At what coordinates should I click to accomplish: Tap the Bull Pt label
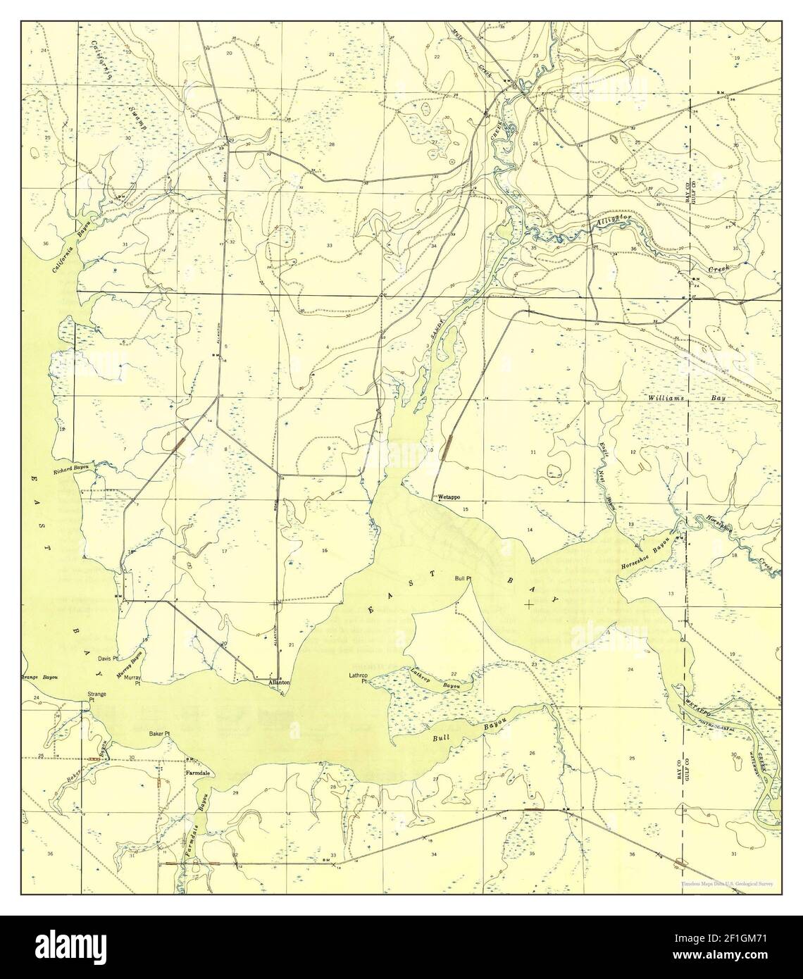(463, 578)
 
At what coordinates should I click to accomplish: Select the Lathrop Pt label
(359, 678)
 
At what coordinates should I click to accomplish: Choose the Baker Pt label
(160, 734)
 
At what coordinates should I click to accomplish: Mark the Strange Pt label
(97, 697)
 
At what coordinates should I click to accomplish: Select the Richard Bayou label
(73, 472)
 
